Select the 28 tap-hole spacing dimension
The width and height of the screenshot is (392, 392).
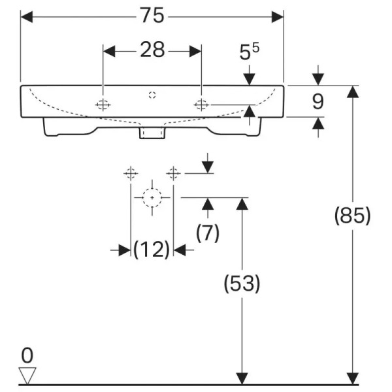152,50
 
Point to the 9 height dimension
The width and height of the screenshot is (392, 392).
318,101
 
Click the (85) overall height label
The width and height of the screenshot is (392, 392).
353,216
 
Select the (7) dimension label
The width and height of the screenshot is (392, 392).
208,233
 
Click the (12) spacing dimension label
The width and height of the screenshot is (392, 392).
152,250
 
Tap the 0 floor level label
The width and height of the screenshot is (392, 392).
27,355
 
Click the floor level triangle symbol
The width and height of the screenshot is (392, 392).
27,375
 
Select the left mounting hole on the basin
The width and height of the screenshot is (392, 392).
103,105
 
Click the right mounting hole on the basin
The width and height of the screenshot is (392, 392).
201,105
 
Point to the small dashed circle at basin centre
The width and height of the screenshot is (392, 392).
152,95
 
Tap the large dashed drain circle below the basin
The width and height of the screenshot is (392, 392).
152,197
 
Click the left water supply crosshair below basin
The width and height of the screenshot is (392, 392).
131,173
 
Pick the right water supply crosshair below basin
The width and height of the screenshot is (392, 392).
173,173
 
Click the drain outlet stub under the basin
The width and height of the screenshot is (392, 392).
152,133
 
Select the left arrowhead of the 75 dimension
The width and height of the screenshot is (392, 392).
27,15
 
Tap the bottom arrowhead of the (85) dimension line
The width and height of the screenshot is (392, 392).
353,378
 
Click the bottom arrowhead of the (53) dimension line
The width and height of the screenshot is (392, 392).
242,378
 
